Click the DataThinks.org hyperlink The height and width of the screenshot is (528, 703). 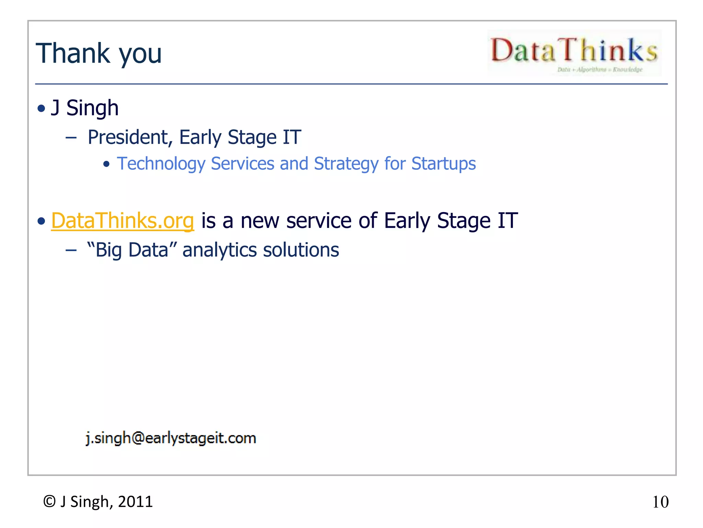123,221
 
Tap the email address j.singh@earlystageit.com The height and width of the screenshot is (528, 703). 171,438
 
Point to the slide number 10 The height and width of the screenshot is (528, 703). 660,502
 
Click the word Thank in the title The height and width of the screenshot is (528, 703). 72,53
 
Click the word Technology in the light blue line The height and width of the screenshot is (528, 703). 161,164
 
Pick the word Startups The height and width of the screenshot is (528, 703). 443,164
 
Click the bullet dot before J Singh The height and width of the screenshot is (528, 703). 42,109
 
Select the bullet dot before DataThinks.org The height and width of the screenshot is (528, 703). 42,221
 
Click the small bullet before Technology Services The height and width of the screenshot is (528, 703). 106,164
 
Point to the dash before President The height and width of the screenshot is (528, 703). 71,138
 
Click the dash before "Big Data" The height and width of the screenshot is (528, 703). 71,251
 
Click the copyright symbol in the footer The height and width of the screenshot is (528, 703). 49,502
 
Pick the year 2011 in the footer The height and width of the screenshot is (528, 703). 135,502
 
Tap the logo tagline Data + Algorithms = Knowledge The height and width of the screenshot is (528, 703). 599,70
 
